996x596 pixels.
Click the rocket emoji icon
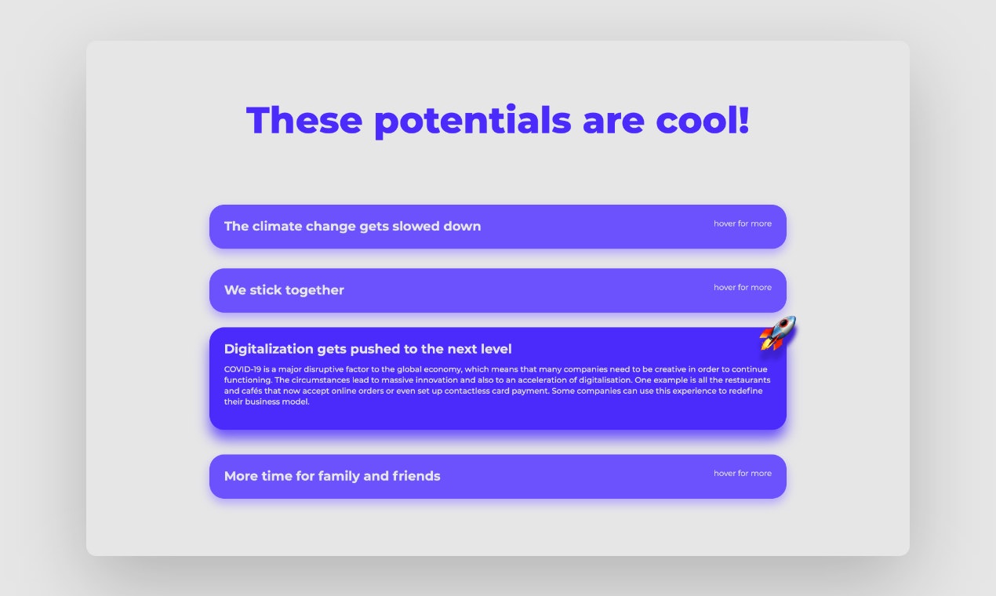click(x=777, y=333)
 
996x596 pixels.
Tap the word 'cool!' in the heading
click(x=703, y=120)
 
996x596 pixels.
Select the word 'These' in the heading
click(x=304, y=120)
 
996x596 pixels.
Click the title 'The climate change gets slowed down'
click(x=352, y=227)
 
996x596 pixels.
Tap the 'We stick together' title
click(x=284, y=290)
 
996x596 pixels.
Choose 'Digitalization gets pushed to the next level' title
click(x=368, y=349)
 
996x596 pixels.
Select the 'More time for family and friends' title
click(x=332, y=476)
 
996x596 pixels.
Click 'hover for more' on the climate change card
click(x=742, y=223)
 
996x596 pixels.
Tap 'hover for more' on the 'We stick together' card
click(x=742, y=287)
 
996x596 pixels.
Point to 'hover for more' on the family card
click(x=742, y=473)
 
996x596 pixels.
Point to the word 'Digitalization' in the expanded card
click(x=268, y=349)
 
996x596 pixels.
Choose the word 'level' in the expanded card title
click(x=495, y=349)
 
